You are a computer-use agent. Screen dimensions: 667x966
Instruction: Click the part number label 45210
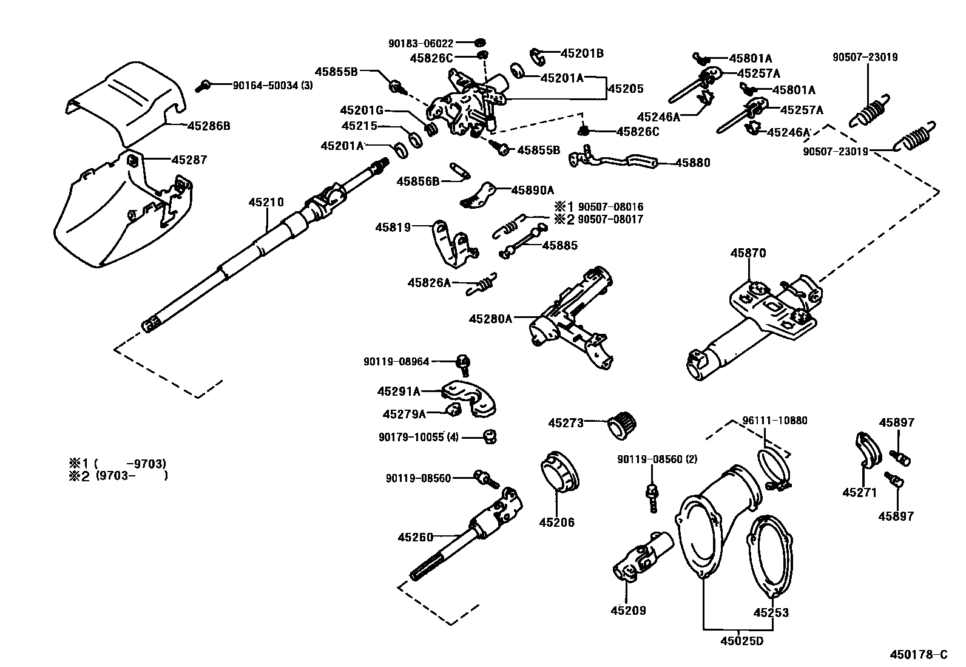pyautogui.click(x=265, y=202)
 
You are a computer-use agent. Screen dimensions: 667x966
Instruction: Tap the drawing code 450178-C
pyautogui.click(x=918, y=655)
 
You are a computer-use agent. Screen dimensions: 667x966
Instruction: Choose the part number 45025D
pyautogui.click(x=741, y=640)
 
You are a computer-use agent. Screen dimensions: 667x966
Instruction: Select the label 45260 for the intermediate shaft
pyautogui.click(x=416, y=537)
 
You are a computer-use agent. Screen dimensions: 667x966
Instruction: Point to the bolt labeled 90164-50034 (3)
pyautogui.click(x=203, y=86)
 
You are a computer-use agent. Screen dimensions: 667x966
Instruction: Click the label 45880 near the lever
pyautogui.click(x=692, y=163)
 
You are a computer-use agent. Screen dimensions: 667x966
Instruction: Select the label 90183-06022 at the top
pyautogui.click(x=421, y=44)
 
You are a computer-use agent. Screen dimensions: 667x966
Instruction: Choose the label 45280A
pyautogui.click(x=490, y=318)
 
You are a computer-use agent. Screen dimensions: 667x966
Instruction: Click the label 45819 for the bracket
pyautogui.click(x=393, y=228)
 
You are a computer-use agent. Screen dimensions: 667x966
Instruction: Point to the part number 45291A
pyautogui.click(x=399, y=391)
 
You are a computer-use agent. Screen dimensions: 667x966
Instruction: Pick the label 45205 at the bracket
pyautogui.click(x=626, y=89)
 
